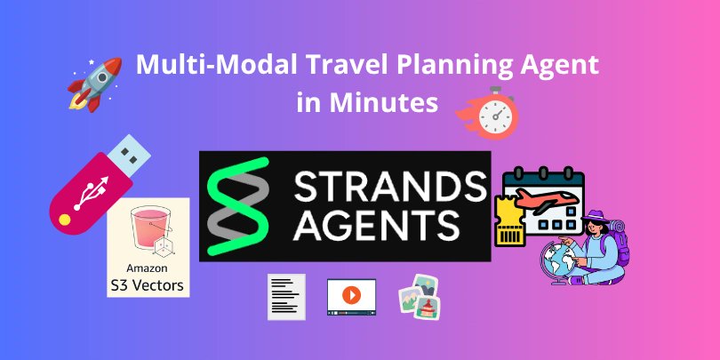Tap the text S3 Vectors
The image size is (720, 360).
point(148,285)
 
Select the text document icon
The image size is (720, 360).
point(287,296)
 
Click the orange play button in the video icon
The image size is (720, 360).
point(351,294)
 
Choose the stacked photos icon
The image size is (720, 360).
point(419,296)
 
